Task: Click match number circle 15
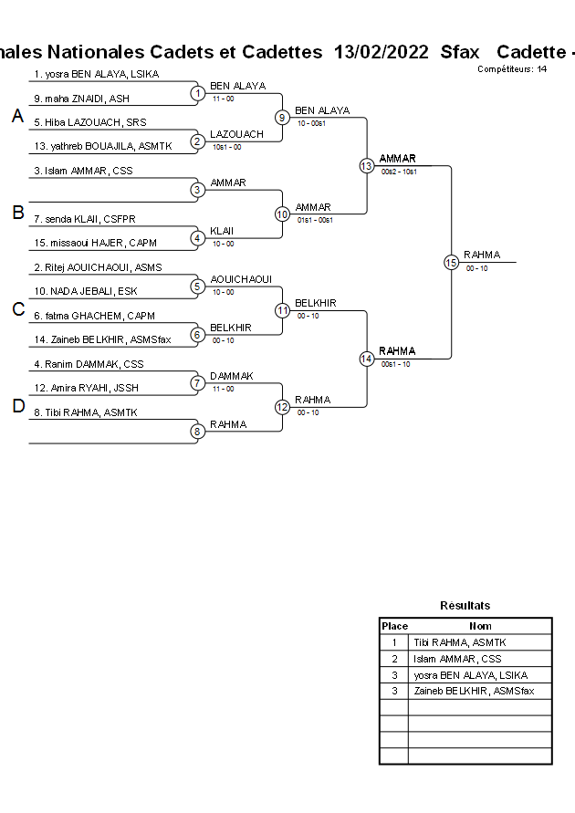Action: pyautogui.click(x=451, y=263)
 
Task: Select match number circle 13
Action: pyautogui.click(x=366, y=166)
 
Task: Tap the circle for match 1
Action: pyautogui.click(x=197, y=93)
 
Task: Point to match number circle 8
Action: pyautogui.click(x=197, y=432)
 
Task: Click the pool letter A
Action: pyautogui.click(x=17, y=116)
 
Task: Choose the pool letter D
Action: pyautogui.click(x=17, y=407)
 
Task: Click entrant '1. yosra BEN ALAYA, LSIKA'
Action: pyautogui.click(x=94, y=74)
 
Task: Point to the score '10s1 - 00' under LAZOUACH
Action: pyautogui.click(x=226, y=146)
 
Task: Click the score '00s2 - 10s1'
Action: pyautogui.click(x=399, y=171)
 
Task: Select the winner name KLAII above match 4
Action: pyautogui.click(x=222, y=231)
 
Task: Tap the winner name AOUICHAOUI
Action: pyautogui.click(x=241, y=279)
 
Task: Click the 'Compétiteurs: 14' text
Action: pyautogui.click(x=512, y=69)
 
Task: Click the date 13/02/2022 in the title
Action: pyautogui.click(x=381, y=52)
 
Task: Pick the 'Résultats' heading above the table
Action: pyautogui.click(x=465, y=605)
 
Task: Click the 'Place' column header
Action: pyautogui.click(x=394, y=626)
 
